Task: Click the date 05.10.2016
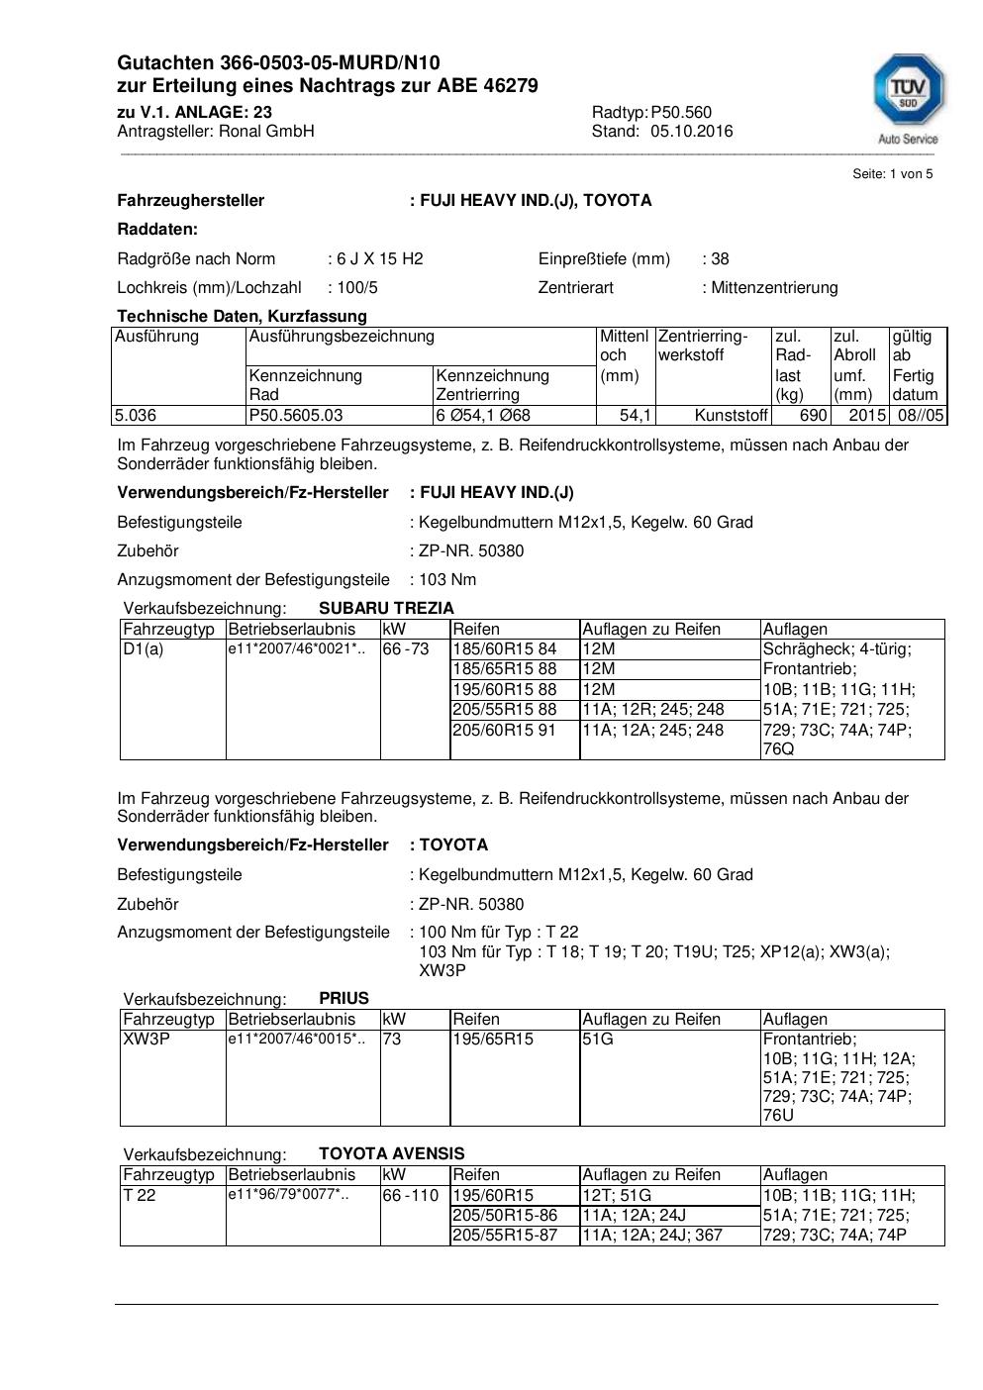click(x=691, y=131)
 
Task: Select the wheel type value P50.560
click(x=681, y=112)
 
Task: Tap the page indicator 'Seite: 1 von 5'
click(x=892, y=174)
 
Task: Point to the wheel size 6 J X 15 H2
click(x=379, y=259)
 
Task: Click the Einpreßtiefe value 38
click(x=720, y=259)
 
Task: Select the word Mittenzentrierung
click(x=774, y=288)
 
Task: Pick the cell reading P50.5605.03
click(x=296, y=416)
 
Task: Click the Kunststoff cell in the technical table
click(x=731, y=416)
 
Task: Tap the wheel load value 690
click(x=813, y=416)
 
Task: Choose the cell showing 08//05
click(x=921, y=416)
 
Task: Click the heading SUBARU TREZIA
click(x=386, y=608)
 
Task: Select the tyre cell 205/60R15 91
click(x=505, y=731)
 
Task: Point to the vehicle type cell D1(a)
click(x=144, y=649)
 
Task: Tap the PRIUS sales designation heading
click(x=344, y=998)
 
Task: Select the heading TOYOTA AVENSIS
click(x=391, y=1153)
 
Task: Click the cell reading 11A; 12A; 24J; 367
click(x=652, y=1236)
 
